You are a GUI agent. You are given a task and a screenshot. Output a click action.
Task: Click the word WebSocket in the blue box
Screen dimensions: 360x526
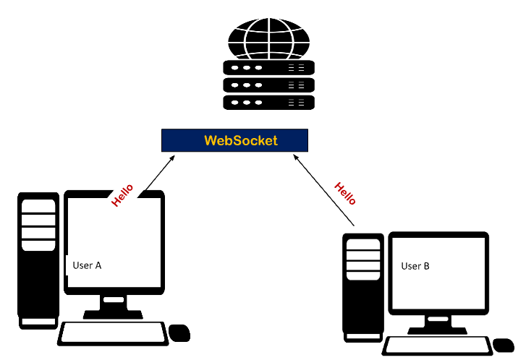[240, 140]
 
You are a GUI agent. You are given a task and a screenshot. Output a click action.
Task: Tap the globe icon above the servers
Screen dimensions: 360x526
[268, 37]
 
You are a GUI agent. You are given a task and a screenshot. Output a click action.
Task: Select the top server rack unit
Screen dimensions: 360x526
[268, 68]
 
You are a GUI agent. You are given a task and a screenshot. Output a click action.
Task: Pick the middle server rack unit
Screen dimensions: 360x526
[268, 85]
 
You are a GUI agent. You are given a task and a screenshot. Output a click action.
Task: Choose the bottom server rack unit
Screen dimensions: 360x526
[268, 103]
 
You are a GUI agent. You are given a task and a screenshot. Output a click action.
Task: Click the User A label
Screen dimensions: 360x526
[87, 265]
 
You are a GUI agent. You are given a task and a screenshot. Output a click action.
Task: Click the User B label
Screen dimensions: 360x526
[415, 266]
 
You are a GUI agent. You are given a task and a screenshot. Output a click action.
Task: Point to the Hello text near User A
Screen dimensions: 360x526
[122, 195]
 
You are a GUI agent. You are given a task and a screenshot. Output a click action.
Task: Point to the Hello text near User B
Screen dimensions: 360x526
[345, 193]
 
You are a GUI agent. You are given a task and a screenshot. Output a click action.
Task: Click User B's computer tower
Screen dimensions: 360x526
[362, 286]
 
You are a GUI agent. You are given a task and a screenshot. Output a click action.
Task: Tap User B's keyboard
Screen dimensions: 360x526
[435, 346]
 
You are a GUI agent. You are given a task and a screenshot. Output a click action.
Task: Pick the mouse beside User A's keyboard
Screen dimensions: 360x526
[179, 333]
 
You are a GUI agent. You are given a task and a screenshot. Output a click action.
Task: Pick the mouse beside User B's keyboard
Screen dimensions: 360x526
[502, 346]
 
